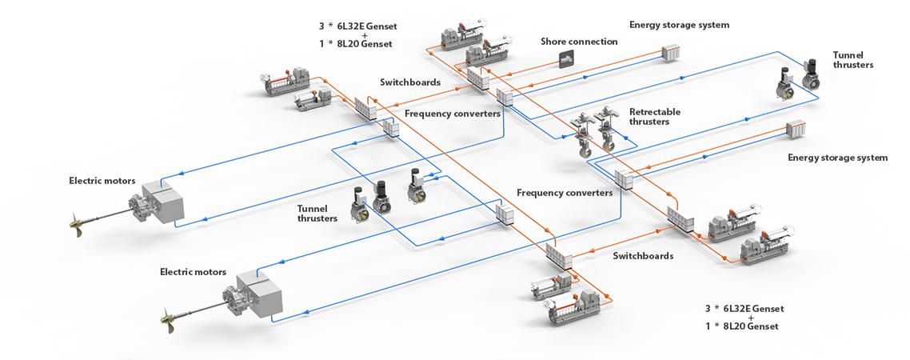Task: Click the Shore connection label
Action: [579, 42]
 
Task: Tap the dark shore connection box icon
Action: [567, 58]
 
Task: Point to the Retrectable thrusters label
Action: [655, 117]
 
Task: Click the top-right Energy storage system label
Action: [679, 25]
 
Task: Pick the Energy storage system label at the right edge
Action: [837, 158]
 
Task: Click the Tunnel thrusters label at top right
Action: [852, 60]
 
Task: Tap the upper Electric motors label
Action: [102, 181]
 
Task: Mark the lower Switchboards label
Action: [643, 256]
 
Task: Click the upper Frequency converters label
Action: [453, 114]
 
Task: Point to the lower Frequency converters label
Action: [565, 193]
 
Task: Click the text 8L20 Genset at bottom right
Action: [750, 326]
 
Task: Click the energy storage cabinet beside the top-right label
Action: [670, 53]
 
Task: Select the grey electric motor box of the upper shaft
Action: [165, 199]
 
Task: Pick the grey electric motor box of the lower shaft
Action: [261, 291]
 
